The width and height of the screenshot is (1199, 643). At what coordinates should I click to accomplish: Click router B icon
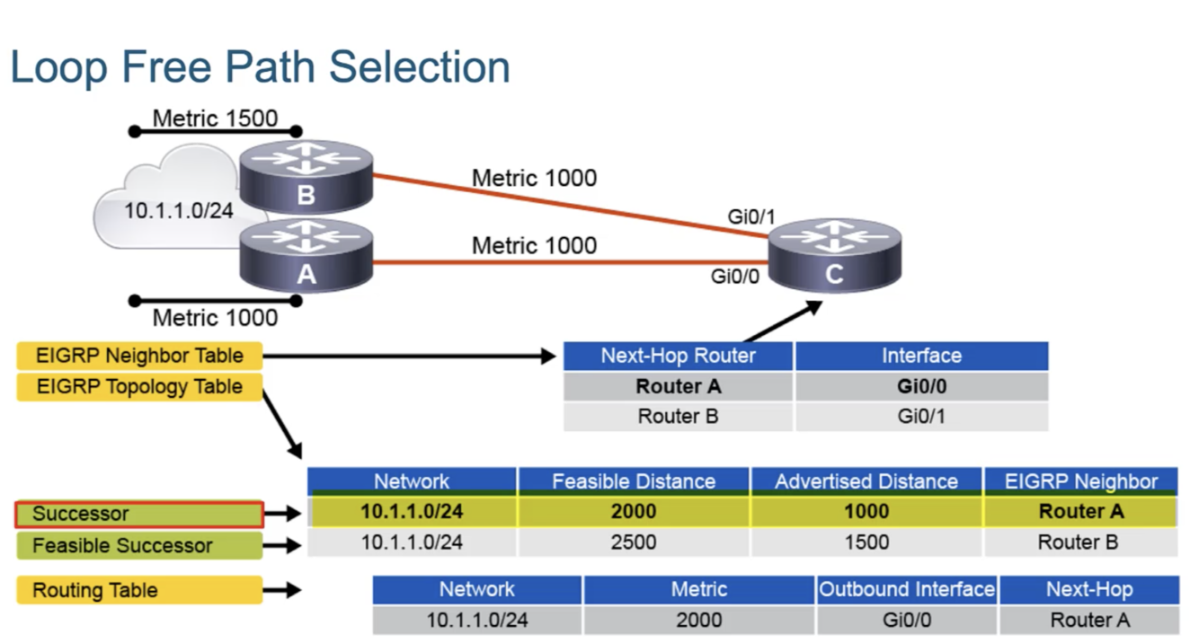coord(306,176)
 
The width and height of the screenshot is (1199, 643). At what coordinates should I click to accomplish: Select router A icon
coord(306,255)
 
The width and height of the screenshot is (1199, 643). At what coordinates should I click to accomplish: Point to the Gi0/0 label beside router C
coord(735,277)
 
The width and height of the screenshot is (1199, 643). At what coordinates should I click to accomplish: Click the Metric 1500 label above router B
coord(215,119)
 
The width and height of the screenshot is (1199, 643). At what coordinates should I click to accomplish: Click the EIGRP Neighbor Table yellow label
coord(139,356)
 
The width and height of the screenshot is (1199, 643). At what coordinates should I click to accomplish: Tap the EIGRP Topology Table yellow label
coord(139,387)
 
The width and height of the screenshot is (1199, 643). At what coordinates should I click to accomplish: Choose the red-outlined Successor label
coord(139,515)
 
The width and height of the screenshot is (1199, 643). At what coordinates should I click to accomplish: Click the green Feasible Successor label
coord(139,546)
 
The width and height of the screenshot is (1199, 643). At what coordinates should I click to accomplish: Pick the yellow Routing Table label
coord(139,590)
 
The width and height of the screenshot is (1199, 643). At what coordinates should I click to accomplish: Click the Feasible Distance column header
coord(634,481)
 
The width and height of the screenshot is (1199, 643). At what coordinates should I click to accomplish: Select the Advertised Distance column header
coord(866,481)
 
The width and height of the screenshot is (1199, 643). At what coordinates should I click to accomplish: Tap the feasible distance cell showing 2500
coord(634,542)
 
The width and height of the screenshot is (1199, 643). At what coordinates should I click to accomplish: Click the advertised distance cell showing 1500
coord(866,542)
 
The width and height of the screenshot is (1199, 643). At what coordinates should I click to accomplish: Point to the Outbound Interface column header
coord(907,590)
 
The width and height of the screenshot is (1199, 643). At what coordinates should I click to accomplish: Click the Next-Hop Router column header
coord(679,356)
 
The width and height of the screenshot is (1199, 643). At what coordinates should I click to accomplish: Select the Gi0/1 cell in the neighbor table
coord(921,417)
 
